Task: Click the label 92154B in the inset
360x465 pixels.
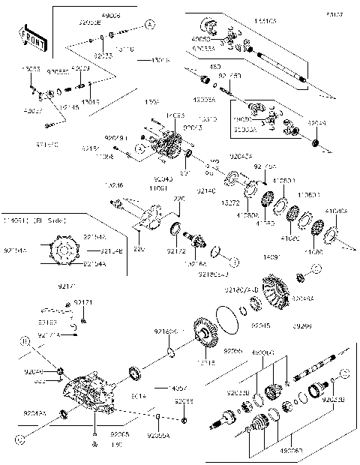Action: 111,250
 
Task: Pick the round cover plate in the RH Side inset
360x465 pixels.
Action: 66,250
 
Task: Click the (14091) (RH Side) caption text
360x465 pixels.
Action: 34,220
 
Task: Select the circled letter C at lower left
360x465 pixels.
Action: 16,435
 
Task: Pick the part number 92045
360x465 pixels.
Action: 260,326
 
